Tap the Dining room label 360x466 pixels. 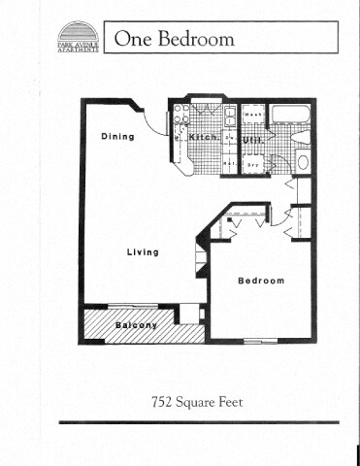117,137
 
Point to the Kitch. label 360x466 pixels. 202,137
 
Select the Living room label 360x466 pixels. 143,252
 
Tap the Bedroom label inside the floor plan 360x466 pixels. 261,281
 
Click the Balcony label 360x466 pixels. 137,325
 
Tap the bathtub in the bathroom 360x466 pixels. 290,117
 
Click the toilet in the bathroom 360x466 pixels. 302,161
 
